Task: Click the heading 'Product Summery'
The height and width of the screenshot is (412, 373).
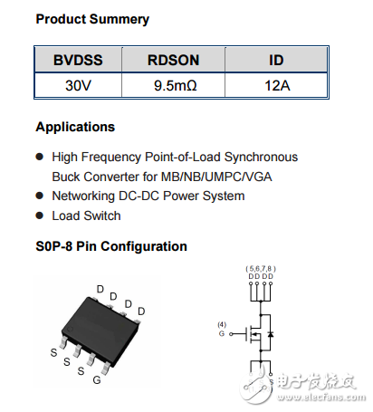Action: [x=92, y=19]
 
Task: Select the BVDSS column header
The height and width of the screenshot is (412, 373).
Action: [x=78, y=61]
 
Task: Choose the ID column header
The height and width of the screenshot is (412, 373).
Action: [x=276, y=61]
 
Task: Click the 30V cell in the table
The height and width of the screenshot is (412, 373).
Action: [x=78, y=87]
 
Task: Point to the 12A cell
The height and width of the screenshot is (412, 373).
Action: [x=276, y=87]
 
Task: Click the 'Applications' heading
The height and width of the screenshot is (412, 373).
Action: [x=75, y=127]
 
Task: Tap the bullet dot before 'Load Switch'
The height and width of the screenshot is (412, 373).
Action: [x=40, y=216]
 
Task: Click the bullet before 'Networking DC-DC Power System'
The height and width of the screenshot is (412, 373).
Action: [x=40, y=196]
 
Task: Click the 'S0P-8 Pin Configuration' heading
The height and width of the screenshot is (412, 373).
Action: [x=111, y=246]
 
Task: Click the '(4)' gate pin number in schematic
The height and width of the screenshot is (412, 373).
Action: [x=222, y=324]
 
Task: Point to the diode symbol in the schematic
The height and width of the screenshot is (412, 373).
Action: [x=273, y=335]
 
